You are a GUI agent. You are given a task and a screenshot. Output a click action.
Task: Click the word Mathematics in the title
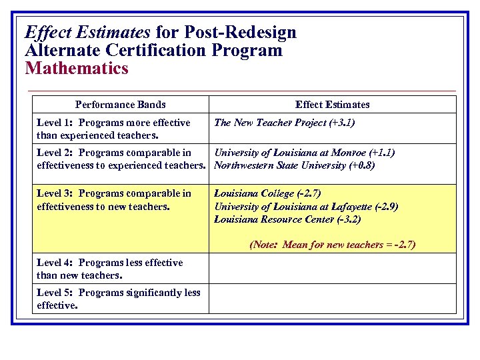pyautogui.click(x=76, y=68)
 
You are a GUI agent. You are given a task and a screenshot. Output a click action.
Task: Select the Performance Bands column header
pyautogui.click(x=121, y=105)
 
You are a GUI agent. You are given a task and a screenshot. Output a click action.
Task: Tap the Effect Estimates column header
pyautogui.click(x=332, y=105)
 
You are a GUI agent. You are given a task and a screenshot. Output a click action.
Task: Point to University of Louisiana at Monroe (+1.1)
pyautogui.click(x=304, y=153)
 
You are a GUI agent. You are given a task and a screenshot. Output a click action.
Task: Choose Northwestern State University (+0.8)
pyautogui.click(x=294, y=165)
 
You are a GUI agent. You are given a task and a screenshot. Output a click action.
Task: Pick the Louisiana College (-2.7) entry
pyautogui.click(x=267, y=193)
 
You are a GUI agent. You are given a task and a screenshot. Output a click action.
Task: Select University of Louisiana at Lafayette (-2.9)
pyautogui.click(x=306, y=207)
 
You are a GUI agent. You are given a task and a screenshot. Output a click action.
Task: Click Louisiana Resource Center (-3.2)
pyautogui.click(x=287, y=219)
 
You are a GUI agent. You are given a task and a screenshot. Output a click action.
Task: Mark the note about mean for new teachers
pyautogui.click(x=332, y=245)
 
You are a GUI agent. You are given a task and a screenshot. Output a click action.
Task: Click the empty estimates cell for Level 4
pyautogui.click(x=332, y=269)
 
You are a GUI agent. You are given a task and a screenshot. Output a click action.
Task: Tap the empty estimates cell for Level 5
pyautogui.click(x=332, y=299)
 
